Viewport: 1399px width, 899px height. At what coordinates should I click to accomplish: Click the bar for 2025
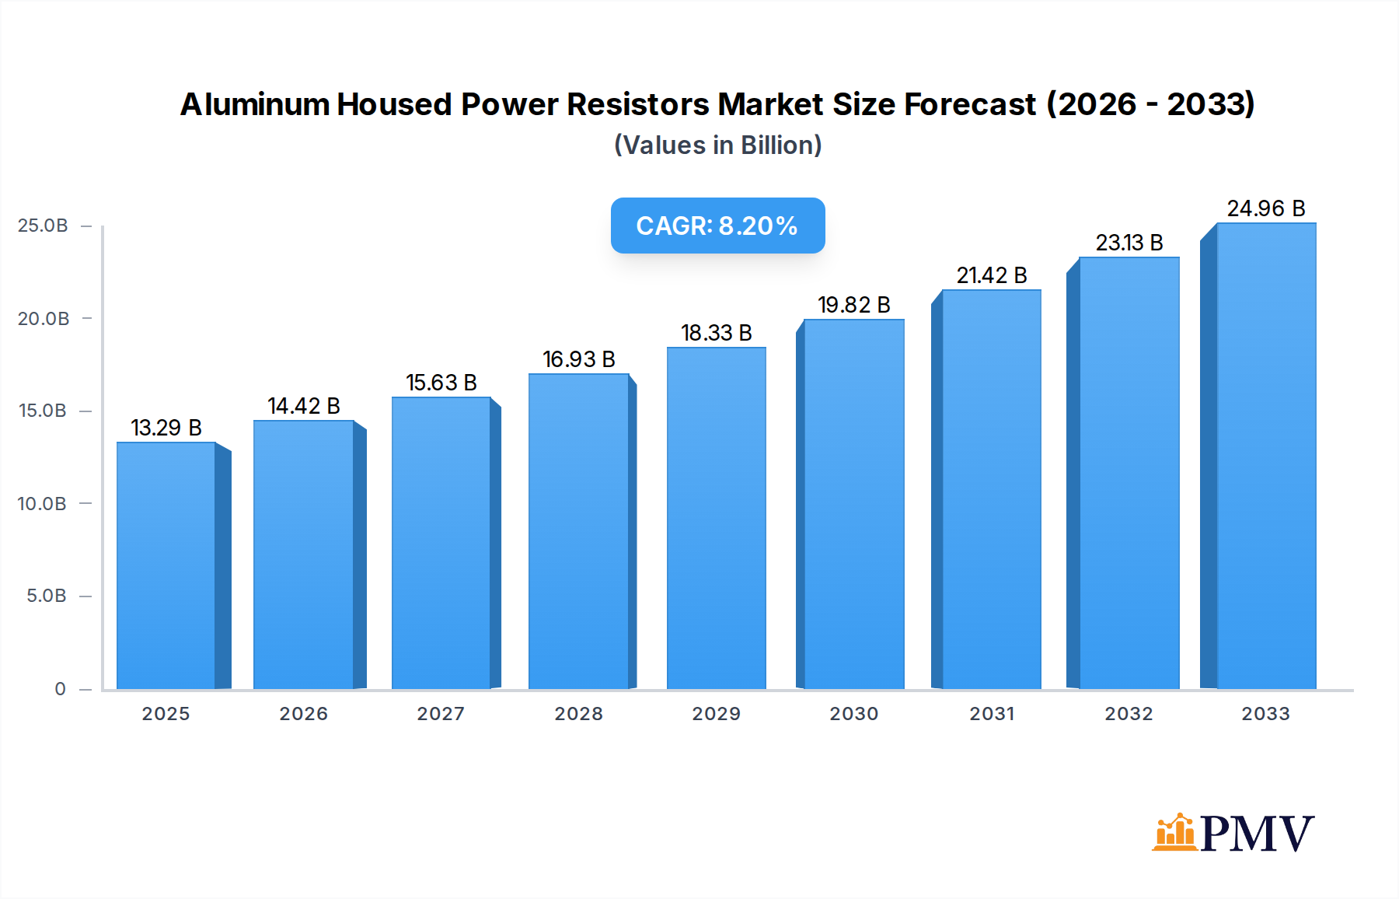tap(166, 565)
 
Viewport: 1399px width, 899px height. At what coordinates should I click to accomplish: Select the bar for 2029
tap(716, 518)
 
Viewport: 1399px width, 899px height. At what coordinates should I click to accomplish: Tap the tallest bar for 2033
tap(1265, 456)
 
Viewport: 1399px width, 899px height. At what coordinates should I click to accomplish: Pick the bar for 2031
tap(991, 489)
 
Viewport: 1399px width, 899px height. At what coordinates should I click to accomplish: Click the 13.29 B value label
tap(166, 428)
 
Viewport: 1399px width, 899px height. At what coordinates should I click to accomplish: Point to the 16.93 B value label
tap(579, 359)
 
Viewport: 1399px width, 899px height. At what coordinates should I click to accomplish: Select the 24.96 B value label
tap(1265, 208)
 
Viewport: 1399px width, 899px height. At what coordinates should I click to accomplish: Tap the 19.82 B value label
tap(853, 305)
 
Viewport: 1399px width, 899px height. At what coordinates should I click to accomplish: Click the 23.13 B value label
tap(1129, 243)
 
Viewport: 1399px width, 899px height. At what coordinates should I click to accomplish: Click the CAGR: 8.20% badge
tap(717, 226)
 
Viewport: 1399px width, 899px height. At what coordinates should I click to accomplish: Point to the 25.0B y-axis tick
tap(43, 226)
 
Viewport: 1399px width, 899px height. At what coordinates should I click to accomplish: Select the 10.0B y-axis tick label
tap(42, 504)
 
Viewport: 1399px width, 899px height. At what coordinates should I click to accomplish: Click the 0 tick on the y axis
tap(60, 689)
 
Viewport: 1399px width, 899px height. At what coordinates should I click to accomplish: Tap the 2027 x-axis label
tap(441, 714)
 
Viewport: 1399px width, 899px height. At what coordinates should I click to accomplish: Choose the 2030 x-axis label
tap(853, 714)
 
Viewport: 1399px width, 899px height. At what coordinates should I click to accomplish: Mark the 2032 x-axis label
tap(1129, 714)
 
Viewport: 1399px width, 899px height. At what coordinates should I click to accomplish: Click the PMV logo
tap(1233, 833)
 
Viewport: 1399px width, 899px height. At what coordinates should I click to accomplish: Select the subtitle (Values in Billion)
tap(717, 145)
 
